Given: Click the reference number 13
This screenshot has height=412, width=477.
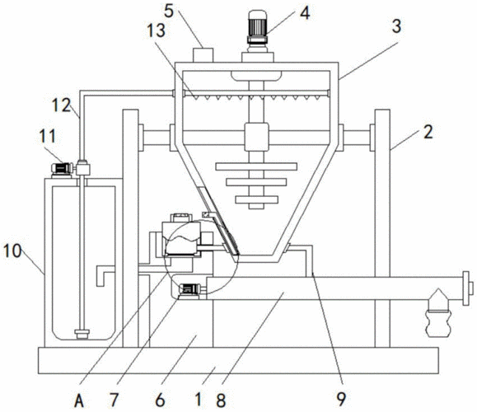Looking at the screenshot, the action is coord(157,30).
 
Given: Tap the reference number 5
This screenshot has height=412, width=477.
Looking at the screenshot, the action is coord(169,11).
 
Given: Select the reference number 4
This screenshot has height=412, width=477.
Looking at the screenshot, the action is coord(305,13).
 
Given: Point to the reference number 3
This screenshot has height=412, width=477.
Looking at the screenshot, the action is coord(397,26).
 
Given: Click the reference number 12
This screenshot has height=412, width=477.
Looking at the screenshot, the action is coord(62,105).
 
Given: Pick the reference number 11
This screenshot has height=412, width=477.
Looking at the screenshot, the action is coord(48,136).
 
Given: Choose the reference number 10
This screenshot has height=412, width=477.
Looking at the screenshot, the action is coord(12,251).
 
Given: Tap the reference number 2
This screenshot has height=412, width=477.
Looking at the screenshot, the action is coord(428,132).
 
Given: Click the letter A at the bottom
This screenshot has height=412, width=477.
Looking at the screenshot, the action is coord(79,400).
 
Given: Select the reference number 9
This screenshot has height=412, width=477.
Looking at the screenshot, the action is coord(341,399).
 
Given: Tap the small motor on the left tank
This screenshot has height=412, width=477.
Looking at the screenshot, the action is coord(62,169).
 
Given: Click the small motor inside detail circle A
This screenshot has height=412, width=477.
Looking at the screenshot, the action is coord(189,288).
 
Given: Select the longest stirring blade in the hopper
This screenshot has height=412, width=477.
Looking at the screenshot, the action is coord(256,166).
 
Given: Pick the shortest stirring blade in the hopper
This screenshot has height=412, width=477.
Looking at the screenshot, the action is coord(256,200).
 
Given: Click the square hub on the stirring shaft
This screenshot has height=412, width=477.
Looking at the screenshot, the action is coord(256,137).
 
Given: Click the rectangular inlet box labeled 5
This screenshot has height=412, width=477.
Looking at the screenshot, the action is coord(203,54).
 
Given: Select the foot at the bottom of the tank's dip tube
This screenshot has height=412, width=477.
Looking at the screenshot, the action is coord(82,334).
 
